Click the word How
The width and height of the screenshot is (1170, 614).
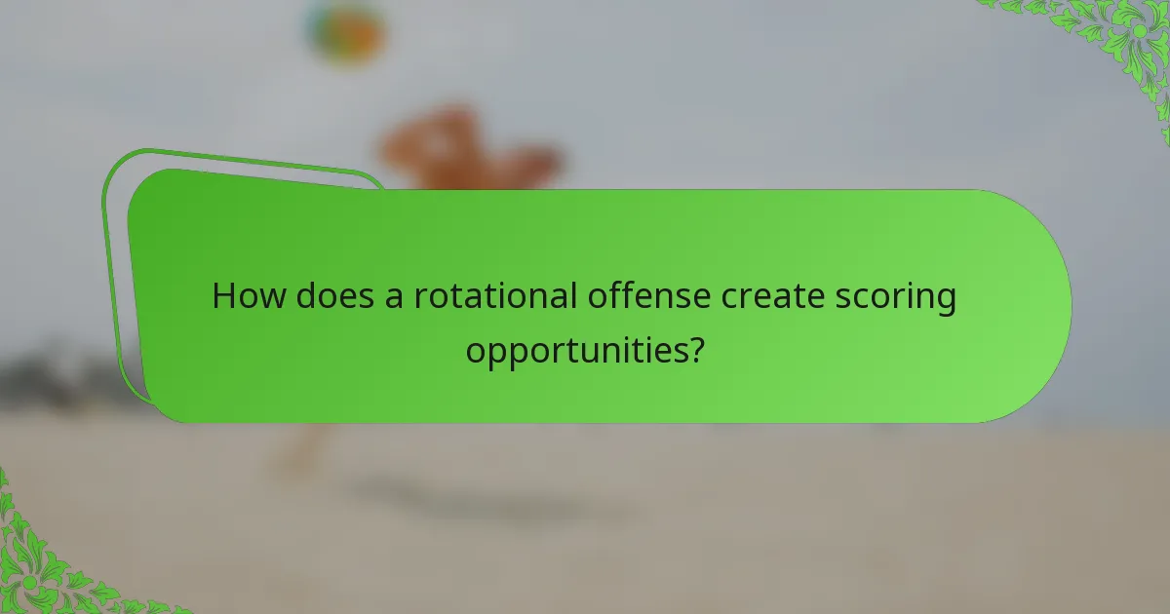(x=244, y=296)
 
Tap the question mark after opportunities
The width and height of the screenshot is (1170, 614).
(x=695, y=349)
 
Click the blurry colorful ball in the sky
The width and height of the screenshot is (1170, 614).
(x=343, y=31)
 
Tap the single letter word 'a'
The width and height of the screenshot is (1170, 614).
(x=393, y=298)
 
